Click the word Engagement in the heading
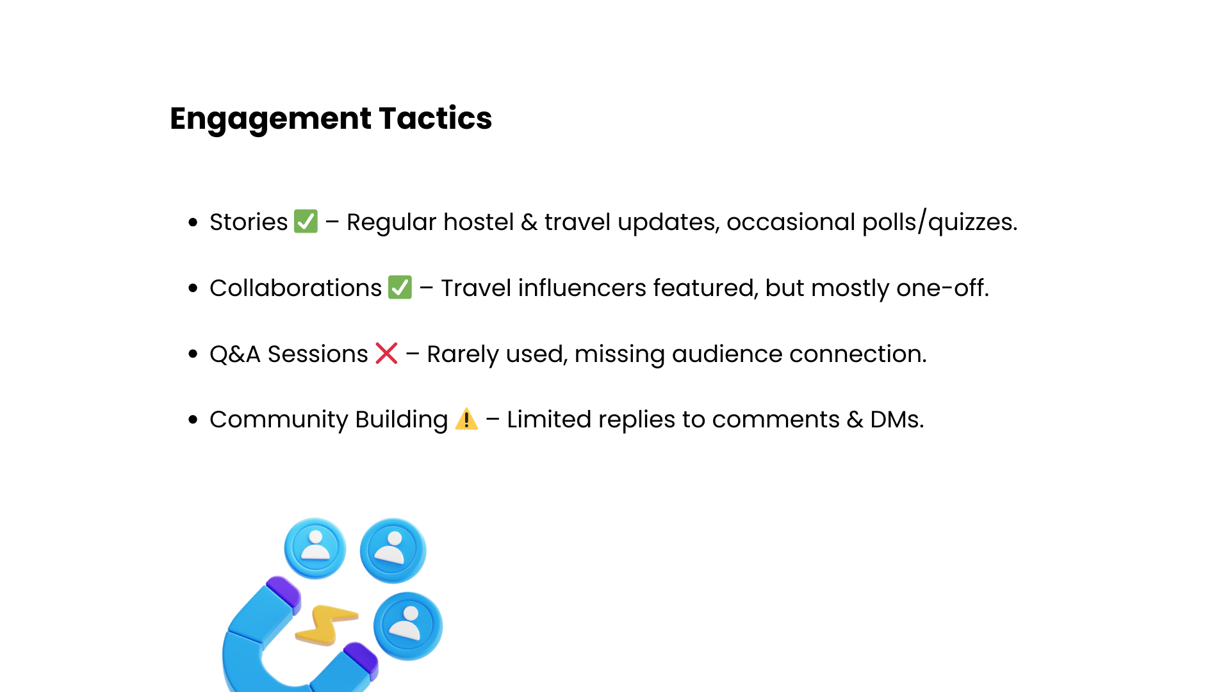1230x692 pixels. pos(270,119)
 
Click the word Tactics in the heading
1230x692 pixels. pos(436,118)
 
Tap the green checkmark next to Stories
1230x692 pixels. pos(306,222)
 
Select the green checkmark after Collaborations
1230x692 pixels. pos(400,287)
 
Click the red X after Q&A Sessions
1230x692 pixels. pos(386,353)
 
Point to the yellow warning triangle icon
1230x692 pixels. pos(466,419)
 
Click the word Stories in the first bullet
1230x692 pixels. pos(249,222)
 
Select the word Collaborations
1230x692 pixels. pos(295,288)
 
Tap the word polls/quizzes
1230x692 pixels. pos(940,222)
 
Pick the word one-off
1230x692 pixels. pos(942,288)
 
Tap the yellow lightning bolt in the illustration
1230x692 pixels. pos(326,624)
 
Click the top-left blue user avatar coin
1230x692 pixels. pos(315,548)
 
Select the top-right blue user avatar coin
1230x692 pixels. pos(393,550)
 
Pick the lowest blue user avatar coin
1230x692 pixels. pos(408,626)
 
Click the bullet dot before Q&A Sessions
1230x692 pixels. pos(193,354)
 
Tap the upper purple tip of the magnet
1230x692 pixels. pos(284,591)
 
